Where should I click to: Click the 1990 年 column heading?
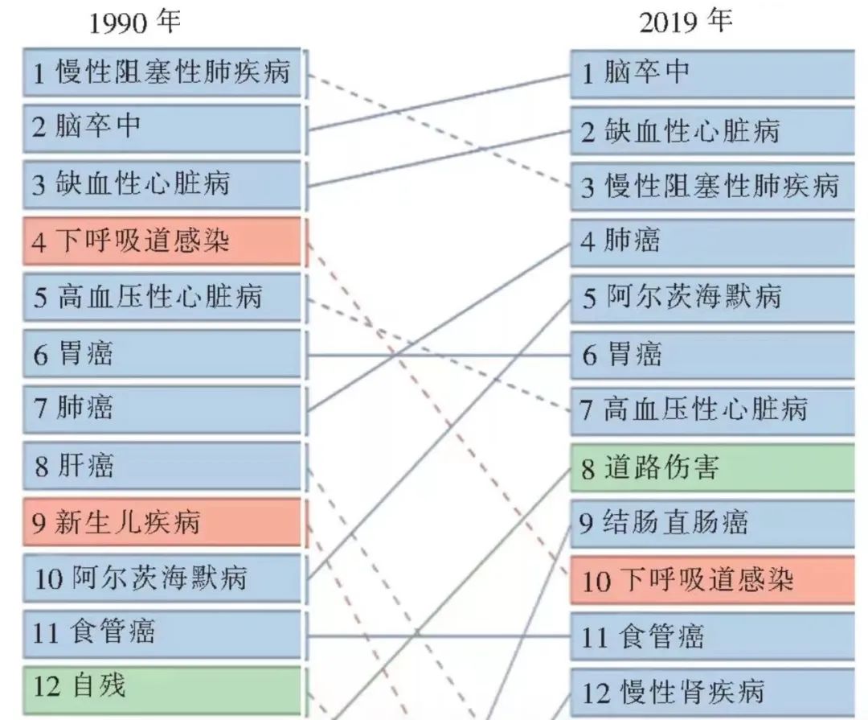pyautogui.click(x=134, y=23)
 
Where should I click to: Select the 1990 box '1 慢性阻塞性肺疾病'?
pyautogui.click(x=162, y=72)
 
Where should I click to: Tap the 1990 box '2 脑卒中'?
pyautogui.click(x=162, y=128)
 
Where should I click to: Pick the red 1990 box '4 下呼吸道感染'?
pyautogui.click(x=162, y=241)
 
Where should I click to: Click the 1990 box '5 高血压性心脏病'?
pyautogui.click(x=162, y=297)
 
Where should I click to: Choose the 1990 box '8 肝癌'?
pyautogui.click(x=162, y=466)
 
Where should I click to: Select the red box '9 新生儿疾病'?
pyautogui.click(x=162, y=522)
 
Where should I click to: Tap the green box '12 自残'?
pyautogui.click(x=162, y=690)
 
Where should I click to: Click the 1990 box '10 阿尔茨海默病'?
pyautogui.click(x=162, y=578)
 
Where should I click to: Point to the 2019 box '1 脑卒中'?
pyautogui.click(x=712, y=74)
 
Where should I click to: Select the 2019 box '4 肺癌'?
pyautogui.click(x=712, y=243)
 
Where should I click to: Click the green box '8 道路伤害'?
pyautogui.click(x=712, y=467)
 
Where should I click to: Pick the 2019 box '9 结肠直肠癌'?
pyautogui.click(x=712, y=524)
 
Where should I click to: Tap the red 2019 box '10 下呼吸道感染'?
pyautogui.click(x=712, y=580)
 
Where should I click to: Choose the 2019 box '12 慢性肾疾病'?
pyautogui.click(x=712, y=693)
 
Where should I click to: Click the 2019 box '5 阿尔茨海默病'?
pyautogui.click(x=712, y=298)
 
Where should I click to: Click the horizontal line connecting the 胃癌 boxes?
pyautogui.click(x=439, y=355)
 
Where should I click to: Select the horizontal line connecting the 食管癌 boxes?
pyautogui.click(x=439, y=636)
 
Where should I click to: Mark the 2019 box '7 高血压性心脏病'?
pyautogui.click(x=712, y=411)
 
